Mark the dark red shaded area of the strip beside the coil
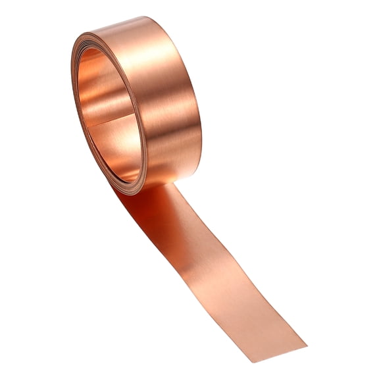pyautogui.click(x=141, y=211)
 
